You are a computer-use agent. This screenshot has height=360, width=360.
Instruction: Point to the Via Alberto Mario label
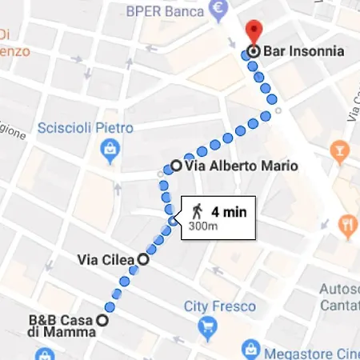click(x=241, y=167)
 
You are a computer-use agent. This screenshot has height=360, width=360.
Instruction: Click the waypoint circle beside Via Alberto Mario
click(x=176, y=167)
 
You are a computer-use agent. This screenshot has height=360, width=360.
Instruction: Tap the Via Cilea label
click(x=107, y=259)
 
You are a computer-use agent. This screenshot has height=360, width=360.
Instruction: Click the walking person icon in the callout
click(x=197, y=212)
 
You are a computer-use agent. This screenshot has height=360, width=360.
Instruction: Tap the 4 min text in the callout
click(x=228, y=212)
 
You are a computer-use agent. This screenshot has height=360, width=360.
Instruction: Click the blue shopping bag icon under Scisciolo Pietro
click(x=107, y=148)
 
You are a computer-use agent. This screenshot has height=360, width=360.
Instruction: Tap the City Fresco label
click(x=219, y=306)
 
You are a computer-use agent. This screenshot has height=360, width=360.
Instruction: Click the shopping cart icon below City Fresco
click(x=208, y=326)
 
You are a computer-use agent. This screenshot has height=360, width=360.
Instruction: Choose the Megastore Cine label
click(x=313, y=349)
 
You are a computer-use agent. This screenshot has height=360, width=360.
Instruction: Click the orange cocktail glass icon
click(x=339, y=150)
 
